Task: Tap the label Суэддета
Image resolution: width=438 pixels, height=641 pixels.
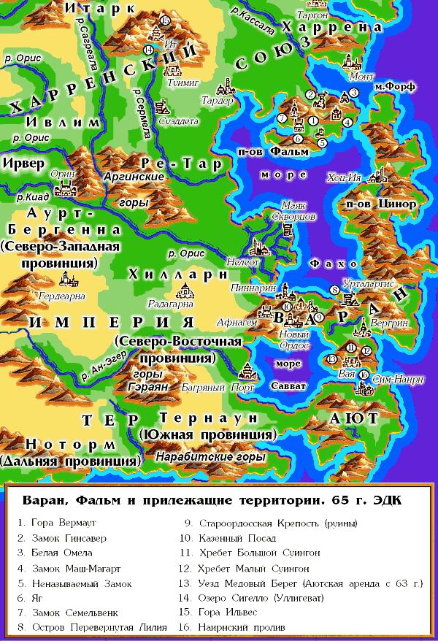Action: [177, 120]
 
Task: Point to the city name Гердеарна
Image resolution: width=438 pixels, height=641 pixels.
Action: [66, 296]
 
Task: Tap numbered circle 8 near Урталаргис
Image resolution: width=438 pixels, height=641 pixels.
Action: [334, 290]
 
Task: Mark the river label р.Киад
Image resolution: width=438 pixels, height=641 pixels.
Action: [15, 197]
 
